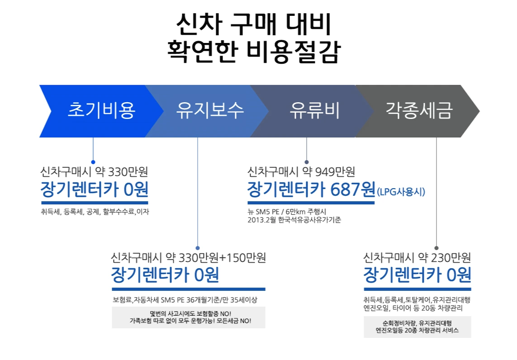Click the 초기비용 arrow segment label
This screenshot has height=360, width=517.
click(x=101, y=111)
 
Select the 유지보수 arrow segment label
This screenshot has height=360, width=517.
click(x=210, y=111)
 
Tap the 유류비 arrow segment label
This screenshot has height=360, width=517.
click(x=315, y=111)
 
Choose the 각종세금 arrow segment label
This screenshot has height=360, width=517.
click(x=419, y=111)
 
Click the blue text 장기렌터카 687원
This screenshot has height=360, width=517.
click(x=311, y=189)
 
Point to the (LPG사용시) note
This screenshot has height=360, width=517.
click(x=401, y=192)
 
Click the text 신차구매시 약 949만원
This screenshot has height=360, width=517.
click(x=301, y=172)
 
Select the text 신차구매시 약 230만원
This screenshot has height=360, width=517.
click(x=417, y=258)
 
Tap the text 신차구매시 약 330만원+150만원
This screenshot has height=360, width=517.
click(x=188, y=258)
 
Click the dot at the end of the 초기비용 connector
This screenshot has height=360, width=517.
click(x=93, y=162)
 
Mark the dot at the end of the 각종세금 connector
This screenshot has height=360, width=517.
click(x=436, y=248)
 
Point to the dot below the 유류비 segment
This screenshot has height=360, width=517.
click(x=307, y=162)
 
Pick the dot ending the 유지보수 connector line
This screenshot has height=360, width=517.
click(x=198, y=248)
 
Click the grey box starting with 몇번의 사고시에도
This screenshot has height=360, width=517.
click(x=189, y=317)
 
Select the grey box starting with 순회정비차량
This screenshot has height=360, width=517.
click(x=417, y=327)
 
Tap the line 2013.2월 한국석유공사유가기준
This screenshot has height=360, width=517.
click(x=294, y=220)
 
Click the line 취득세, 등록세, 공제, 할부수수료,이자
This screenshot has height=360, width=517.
click(x=95, y=211)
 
